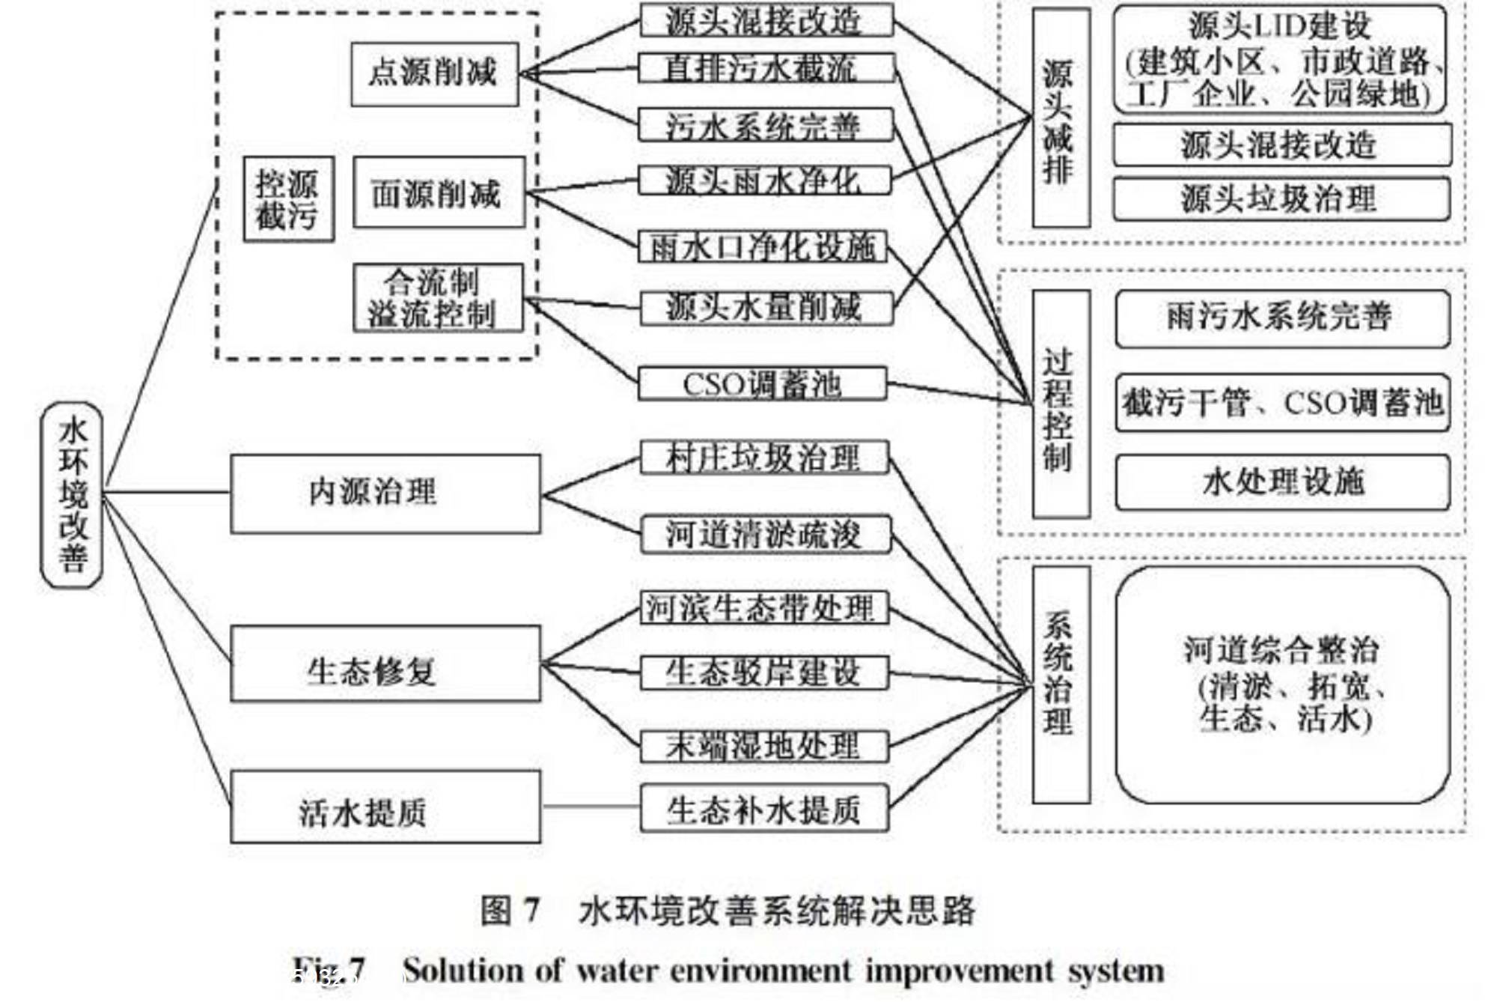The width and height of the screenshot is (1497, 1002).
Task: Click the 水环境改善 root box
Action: [72, 494]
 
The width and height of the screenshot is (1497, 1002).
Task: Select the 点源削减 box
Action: [434, 73]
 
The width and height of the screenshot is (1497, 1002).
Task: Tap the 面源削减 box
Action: [439, 192]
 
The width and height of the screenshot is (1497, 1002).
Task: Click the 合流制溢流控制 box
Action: [438, 298]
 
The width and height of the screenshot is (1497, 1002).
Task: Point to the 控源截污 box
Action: [288, 199]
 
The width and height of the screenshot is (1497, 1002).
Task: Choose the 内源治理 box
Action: [385, 494]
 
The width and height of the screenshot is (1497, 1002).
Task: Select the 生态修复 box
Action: [385, 665]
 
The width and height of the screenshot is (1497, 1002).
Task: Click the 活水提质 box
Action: [385, 807]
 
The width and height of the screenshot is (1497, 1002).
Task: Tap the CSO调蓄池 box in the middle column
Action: [763, 383]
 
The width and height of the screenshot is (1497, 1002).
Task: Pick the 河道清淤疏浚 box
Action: [765, 535]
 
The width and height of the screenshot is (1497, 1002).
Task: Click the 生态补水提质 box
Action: [764, 809]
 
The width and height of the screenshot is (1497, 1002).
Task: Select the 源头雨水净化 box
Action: [764, 180]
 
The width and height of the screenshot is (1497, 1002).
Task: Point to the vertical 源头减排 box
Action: [1060, 118]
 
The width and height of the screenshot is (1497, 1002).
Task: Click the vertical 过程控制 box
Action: [1060, 404]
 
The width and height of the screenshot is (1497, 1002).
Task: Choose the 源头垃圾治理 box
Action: [1281, 198]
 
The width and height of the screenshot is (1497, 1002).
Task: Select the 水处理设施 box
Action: [1281, 482]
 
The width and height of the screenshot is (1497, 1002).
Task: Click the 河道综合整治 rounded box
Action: [1281, 684]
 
